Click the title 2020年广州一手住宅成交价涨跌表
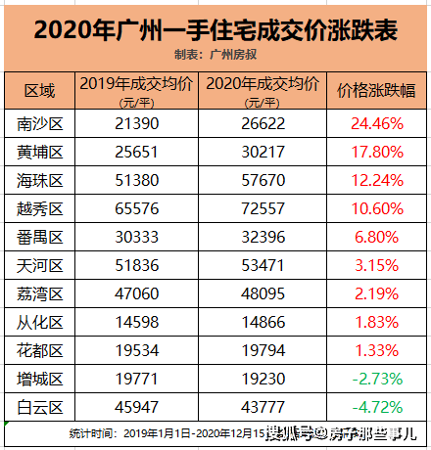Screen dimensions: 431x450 [215, 30]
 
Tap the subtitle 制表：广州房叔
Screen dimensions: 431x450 [215, 55]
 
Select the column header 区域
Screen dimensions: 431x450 [39, 90]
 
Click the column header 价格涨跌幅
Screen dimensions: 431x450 [376, 90]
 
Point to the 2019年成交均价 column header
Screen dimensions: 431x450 [136, 84]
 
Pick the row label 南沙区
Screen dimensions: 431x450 [40, 124]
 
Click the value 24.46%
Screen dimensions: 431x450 [377, 124]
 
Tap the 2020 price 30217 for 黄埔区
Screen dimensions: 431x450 [263, 153]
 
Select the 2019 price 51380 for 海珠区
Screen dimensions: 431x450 [137, 181]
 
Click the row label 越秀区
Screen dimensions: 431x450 [40, 209]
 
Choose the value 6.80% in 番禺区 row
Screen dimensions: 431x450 [376, 238]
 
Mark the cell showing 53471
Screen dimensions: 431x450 [263, 266]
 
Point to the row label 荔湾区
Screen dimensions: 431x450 [40, 294]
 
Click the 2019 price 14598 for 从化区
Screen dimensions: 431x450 [137, 323]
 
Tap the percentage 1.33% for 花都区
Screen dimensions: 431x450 [376, 351]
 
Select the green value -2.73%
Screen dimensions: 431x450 [377, 380]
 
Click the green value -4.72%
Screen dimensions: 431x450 [377, 408]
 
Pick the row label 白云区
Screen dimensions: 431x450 [40, 408]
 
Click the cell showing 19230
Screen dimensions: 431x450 [263, 380]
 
